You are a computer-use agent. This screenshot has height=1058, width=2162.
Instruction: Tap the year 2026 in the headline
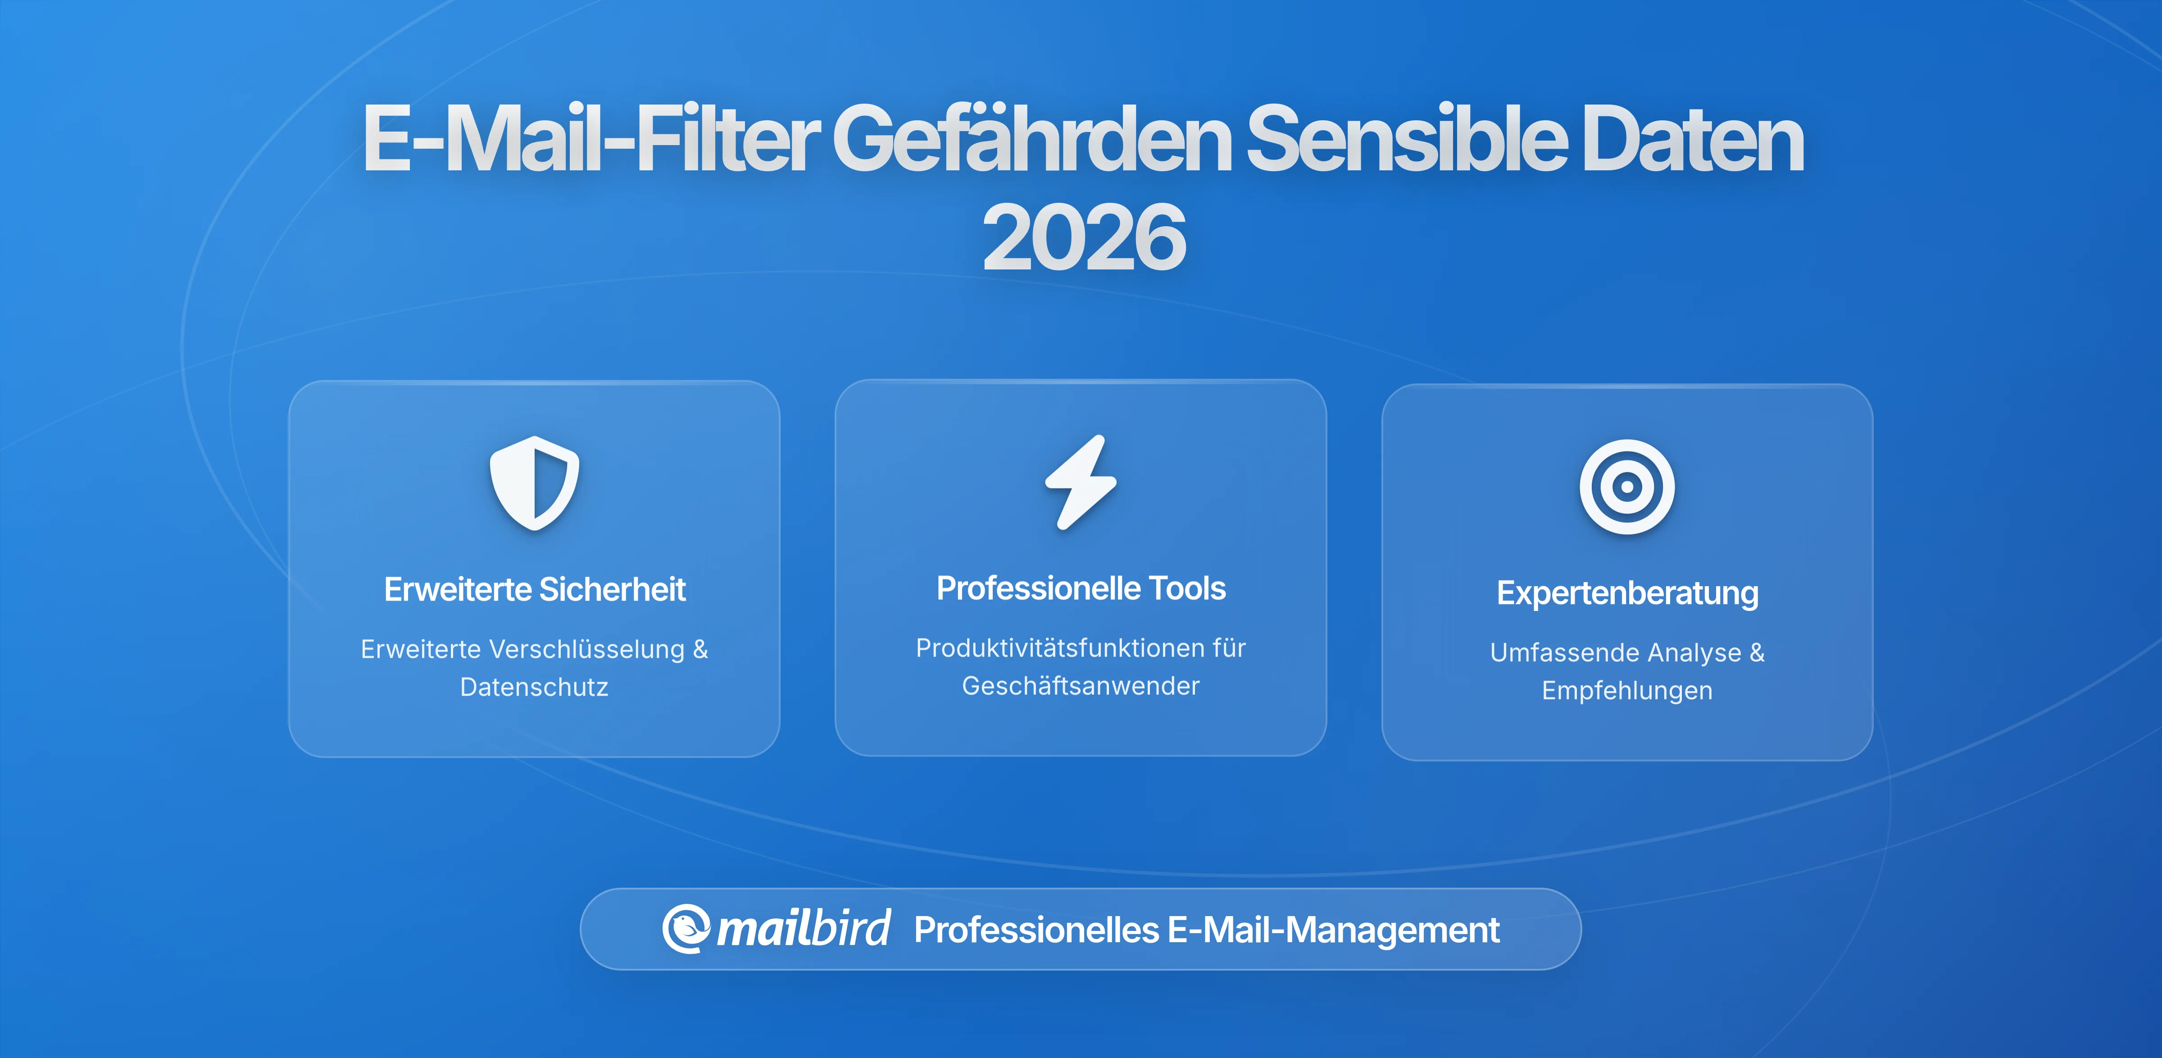1084,238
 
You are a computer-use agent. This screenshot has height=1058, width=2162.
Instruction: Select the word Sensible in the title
1406,140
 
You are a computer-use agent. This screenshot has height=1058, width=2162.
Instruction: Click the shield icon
535,483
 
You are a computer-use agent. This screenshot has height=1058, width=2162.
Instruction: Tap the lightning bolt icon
1081,483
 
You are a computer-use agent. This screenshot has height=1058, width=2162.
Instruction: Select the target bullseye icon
1626,487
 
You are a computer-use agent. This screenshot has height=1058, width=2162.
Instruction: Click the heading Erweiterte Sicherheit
535,589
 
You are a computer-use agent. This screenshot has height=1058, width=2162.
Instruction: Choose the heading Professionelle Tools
1081,588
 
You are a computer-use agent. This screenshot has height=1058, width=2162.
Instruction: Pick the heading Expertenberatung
1626,593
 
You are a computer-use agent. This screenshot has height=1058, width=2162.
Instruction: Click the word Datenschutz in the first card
535,687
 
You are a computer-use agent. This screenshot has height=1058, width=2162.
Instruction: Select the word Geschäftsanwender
1081,686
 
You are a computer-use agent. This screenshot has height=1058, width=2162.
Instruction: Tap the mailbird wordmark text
803,929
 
